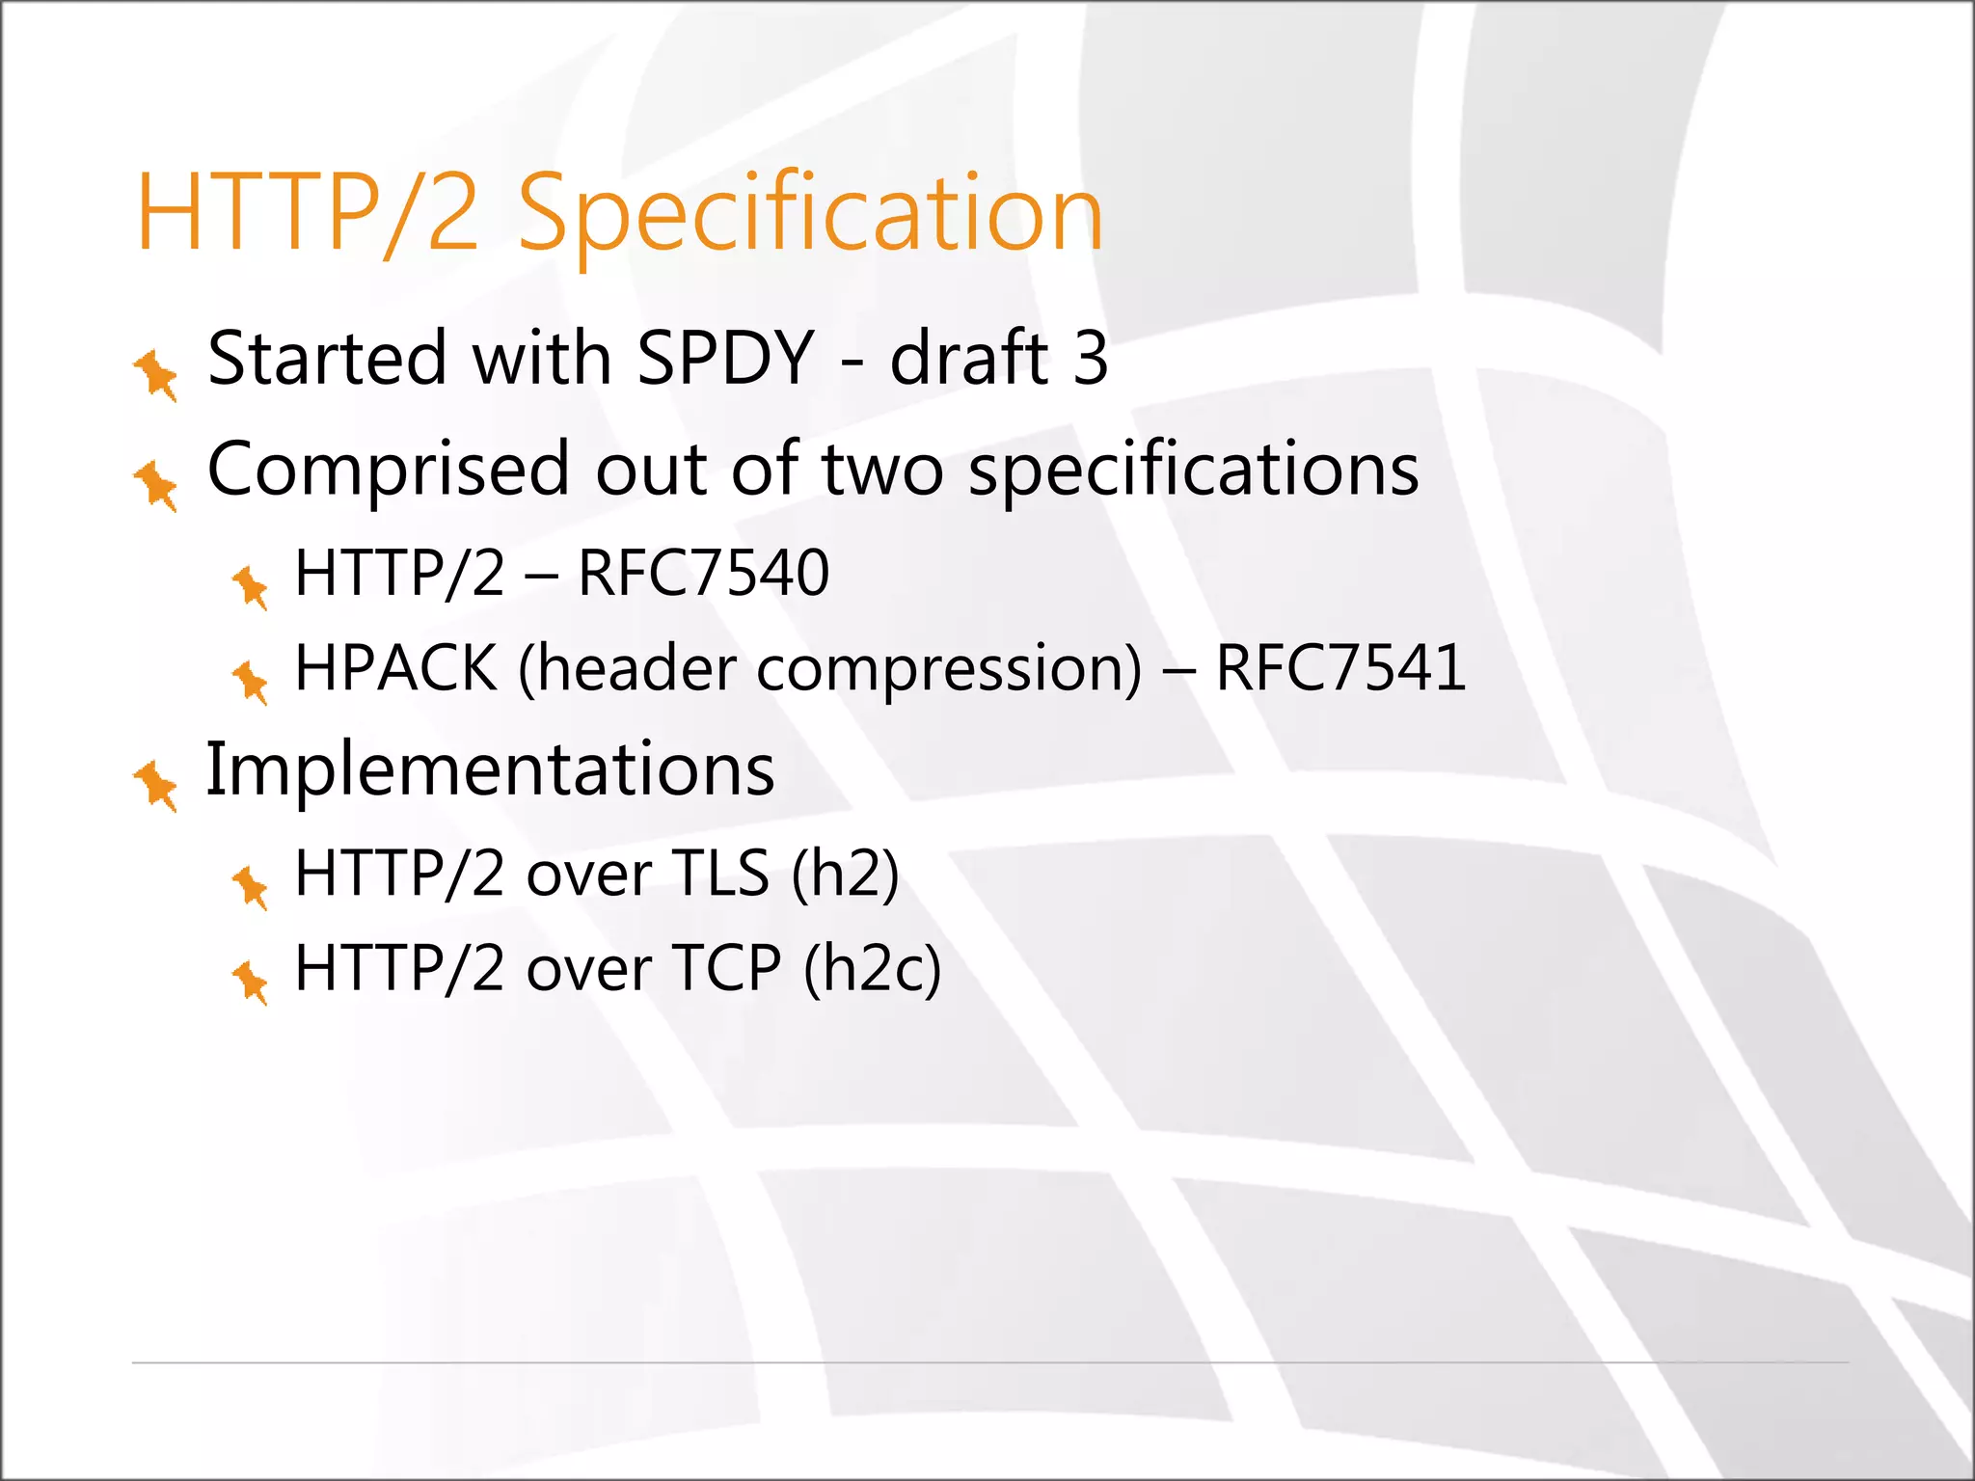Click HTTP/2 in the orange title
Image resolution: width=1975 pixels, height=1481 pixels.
307,214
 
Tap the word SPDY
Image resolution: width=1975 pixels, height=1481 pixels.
725,359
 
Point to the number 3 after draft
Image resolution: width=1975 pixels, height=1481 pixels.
1090,359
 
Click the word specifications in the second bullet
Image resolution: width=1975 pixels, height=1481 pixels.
1193,471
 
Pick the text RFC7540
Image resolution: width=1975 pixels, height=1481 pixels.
703,573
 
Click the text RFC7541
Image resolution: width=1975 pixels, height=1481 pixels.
1340,667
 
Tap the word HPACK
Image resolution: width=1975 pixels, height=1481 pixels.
395,667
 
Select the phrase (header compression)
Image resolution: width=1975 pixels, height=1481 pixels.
829,669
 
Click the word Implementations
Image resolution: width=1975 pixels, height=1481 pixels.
490,769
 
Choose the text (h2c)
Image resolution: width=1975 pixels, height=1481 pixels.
872,968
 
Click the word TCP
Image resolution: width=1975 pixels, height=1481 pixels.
726,968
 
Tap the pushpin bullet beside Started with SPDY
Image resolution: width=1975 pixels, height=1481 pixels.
156,374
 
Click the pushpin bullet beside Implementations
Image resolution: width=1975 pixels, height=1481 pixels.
156,785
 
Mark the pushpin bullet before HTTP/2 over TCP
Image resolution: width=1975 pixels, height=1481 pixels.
251,982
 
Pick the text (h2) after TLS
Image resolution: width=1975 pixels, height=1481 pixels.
845,874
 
